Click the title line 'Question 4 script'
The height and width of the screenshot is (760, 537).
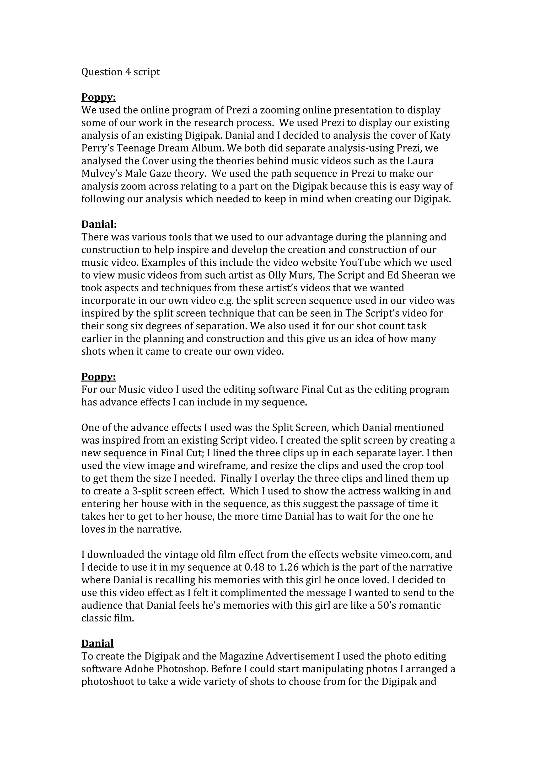tap(120, 72)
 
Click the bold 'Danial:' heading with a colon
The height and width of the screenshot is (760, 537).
tap(99, 224)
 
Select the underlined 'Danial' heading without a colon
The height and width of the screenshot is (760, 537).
tap(97, 643)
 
